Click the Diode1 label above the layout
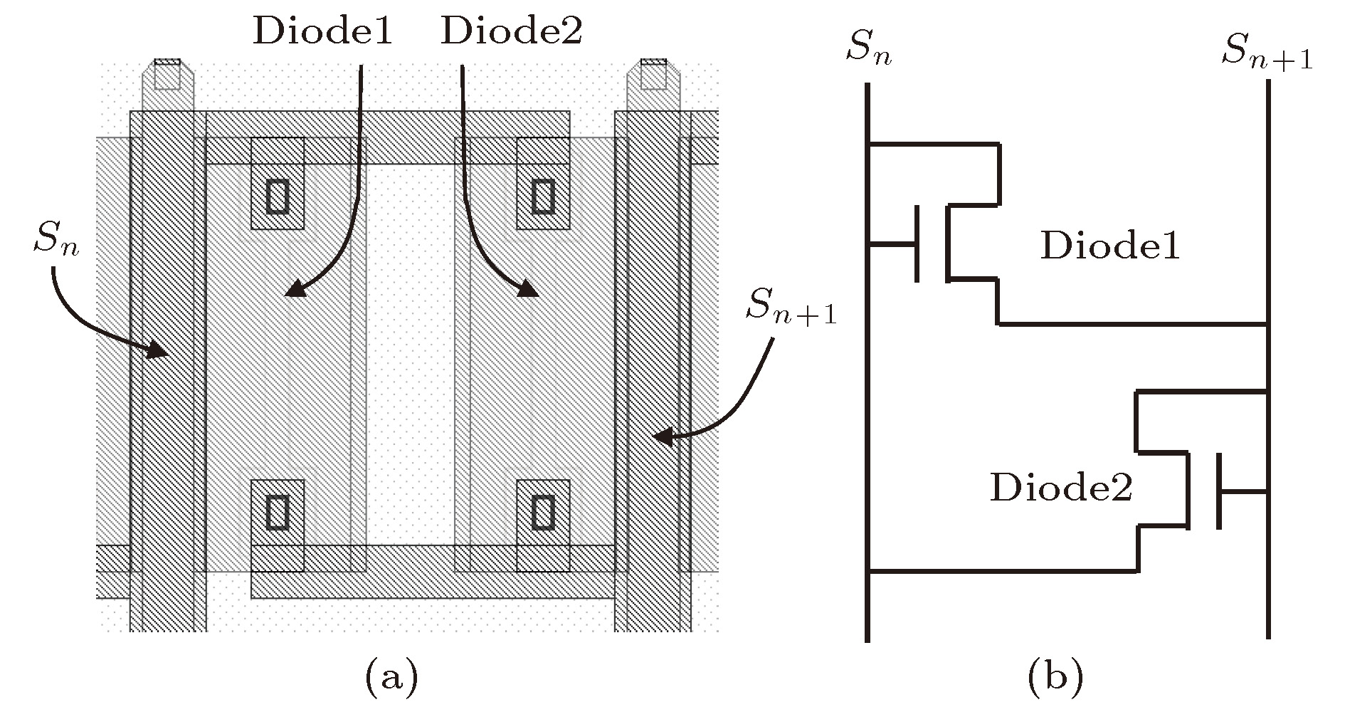coord(322,32)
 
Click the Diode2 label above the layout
coord(512,32)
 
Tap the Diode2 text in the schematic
coord(1061,488)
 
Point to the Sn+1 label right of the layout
coord(790,308)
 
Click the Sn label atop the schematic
coord(868,50)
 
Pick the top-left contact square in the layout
coord(278,197)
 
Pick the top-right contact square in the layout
coord(544,197)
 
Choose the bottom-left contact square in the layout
coord(278,512)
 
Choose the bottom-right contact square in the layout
coord(544,512)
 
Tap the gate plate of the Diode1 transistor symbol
coord(917,243)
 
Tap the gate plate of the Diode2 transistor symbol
coord(1219,491)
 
